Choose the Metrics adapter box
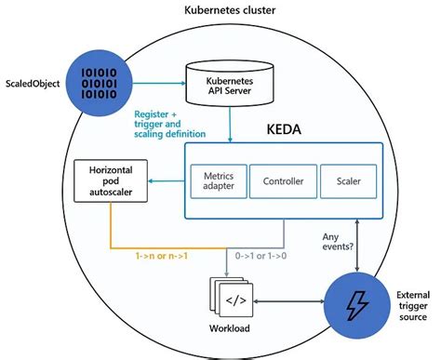(x=217, y=180)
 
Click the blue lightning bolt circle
(x=357, y=302)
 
